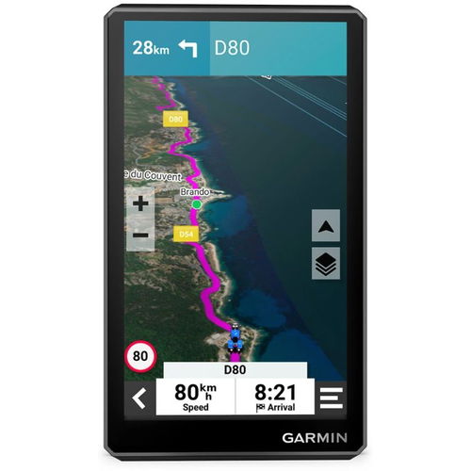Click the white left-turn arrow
coord(188,47)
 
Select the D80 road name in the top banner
coord(233,47)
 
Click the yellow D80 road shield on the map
coord(175,120)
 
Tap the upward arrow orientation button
coord(325,226)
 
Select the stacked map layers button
coord(325,264)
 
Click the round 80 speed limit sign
coord(140,355)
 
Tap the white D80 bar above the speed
coord(235,370)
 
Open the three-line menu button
coord(331,398)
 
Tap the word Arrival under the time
coord(280,408)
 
